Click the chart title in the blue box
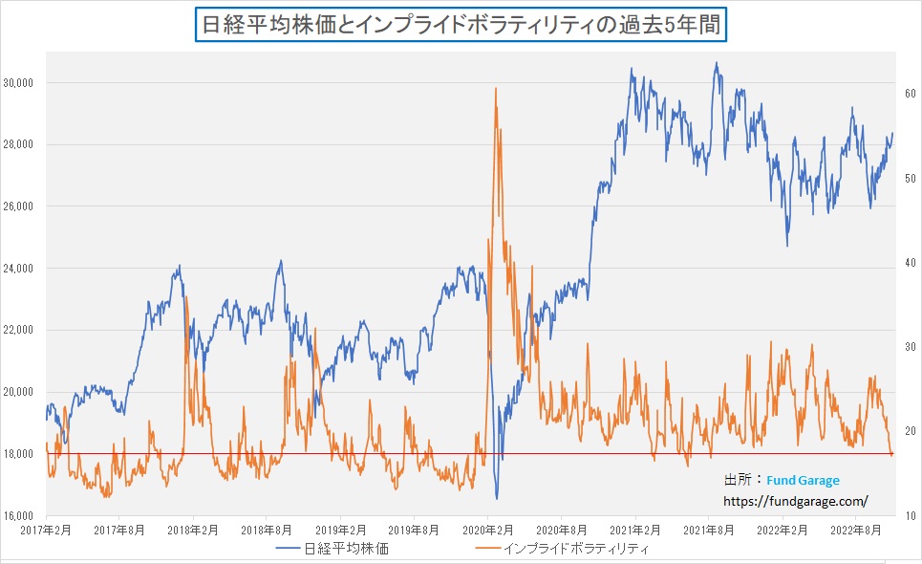(461, 23)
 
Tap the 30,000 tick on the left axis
(20, 83)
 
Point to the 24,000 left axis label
(20, 269)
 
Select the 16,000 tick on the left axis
(20, 515)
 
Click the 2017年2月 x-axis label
(48, 530)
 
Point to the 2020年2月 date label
(490, 530)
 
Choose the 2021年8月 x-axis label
(710, 530)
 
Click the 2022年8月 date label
(857, 530)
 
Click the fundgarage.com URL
(795, 500)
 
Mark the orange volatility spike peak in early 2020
(496, 89)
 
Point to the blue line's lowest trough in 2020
(497, 498)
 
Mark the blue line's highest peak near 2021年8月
(717, 64)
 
